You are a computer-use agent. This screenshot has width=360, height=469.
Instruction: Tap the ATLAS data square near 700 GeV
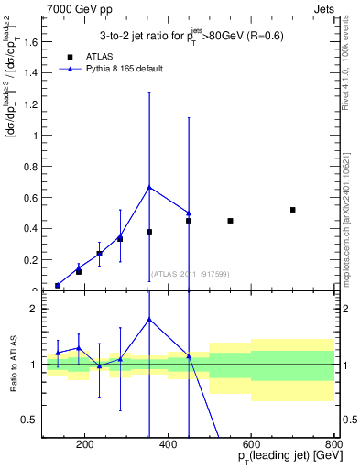coord(292,210)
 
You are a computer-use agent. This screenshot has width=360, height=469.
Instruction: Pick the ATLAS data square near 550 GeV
coord(230,221)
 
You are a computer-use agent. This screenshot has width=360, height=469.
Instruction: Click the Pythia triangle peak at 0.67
coord(149,187)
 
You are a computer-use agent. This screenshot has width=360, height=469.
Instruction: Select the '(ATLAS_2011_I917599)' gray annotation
coord(190,275)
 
